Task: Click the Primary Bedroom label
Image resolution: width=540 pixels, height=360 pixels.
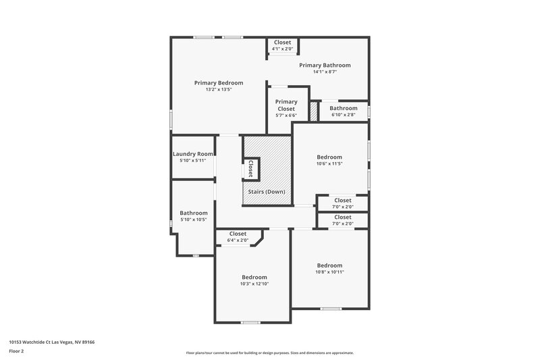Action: (x=219, y=82)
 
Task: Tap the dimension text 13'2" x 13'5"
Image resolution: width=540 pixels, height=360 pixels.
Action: (x=219, y=89)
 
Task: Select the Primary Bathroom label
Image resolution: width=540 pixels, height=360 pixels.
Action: (x=325, y=65)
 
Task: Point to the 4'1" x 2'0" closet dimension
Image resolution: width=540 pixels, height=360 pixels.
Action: (x=282, y=49)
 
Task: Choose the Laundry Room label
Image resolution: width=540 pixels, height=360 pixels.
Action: (x=193, y=154)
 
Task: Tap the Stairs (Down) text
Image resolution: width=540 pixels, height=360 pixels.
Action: (x=267, y=192)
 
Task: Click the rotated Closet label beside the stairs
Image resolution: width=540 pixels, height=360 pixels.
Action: (x=250, y=169)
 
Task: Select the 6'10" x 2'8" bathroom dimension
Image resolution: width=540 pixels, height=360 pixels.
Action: (x=343, y=115)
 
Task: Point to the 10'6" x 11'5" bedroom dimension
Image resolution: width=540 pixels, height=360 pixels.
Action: (x=330, y=163)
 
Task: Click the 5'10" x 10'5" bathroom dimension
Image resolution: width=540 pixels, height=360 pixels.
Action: (x=193, y=220)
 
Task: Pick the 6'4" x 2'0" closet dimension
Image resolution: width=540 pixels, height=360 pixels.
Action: (x=238, y=240)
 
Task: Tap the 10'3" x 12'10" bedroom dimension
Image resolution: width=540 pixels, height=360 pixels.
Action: (x=254, y=284)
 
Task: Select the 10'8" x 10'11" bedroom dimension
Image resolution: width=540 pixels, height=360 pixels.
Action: (x=329, y=272)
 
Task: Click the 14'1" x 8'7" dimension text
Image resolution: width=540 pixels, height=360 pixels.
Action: (x=325, y=72)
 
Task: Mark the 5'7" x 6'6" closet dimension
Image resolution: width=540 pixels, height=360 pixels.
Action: (x=286, y=115)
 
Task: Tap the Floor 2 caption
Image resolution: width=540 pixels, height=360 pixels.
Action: (x=16, y=351)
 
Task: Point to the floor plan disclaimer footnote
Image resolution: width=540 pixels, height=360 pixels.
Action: (x=269, y=353)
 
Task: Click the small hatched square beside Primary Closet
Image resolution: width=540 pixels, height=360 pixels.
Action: (x=313, y=111)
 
